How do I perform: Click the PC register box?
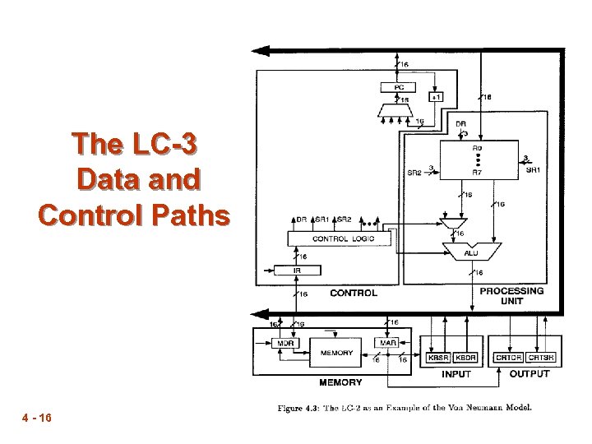point(400,86)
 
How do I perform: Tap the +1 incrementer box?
point(437,97)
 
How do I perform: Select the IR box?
point(296,271)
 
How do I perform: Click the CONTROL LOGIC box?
point(343,238)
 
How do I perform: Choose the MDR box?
point(285,342)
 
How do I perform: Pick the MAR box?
point(388,342)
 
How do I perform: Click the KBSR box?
point(438,358)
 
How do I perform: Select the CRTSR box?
point(542,358)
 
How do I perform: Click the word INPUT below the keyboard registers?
point(456,374)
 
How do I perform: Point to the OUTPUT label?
point(530,374)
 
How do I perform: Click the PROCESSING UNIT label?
point(511,296)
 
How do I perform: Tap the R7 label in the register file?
point(477,172)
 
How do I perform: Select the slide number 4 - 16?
point(37,419)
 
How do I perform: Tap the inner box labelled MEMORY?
point(337,354)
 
